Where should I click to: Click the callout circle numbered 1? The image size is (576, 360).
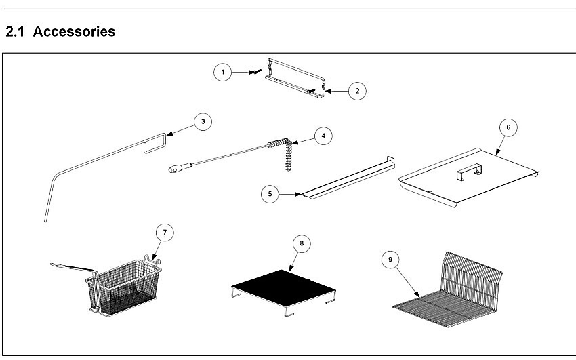[x=223, y=72]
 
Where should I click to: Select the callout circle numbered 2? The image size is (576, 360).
[x=357, y=91]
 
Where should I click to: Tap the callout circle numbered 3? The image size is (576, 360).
[x=203, y=121]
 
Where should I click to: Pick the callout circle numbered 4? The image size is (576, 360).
[x=323, y=136]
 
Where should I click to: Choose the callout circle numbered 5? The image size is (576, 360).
[x=270, y=194]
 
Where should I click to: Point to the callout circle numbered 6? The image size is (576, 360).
[x=508, y=127]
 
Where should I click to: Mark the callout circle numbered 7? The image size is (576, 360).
[x=165, y=232]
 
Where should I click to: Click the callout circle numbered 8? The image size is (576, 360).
[x=302, y=243]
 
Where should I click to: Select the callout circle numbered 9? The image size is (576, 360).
[x=390, y=260]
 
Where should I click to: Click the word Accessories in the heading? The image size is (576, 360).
[x=75, y=31]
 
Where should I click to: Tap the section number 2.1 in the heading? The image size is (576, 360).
[x=15, y=31]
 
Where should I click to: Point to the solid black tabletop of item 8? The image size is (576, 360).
[x=283, y=287]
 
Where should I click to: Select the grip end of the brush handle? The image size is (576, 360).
[x=180, y=167]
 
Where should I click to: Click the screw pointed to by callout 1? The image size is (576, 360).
[x=255, y=72]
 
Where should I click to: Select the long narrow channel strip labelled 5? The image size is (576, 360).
[x=348, y=178]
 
